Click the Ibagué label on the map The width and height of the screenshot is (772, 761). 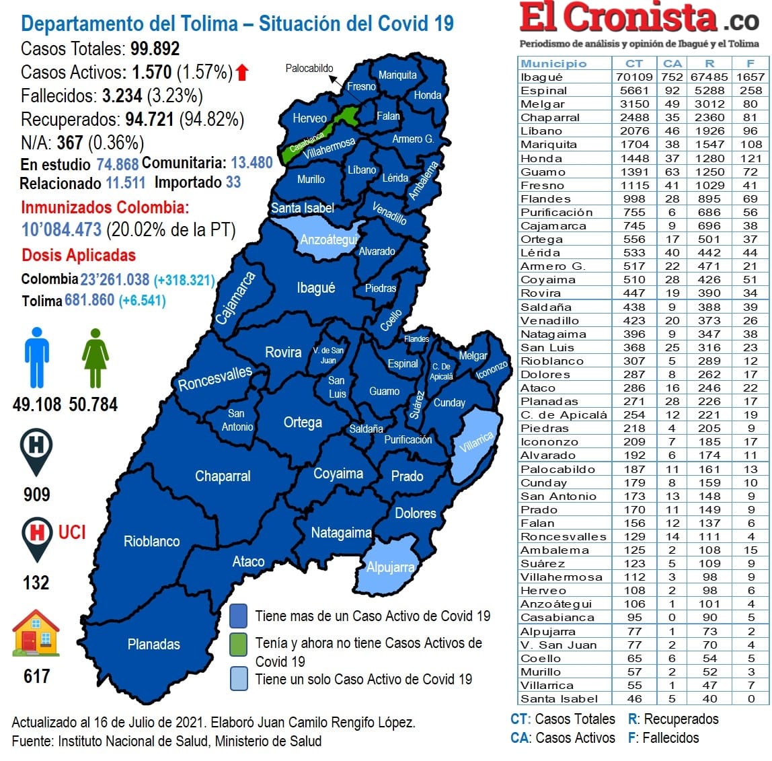(315, 288)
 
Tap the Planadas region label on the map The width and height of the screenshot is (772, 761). (153, 644)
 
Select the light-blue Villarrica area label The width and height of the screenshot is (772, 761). (477, 442)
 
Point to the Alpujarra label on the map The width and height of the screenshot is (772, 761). (390, 567)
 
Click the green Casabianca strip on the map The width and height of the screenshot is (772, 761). (306, 142)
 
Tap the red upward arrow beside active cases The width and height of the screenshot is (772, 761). (242, 72)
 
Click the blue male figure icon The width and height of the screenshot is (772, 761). (37, 357)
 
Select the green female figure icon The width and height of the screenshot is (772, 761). (95, 357)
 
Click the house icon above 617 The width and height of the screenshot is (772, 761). (36, 633)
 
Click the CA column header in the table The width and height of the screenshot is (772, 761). (672, 63)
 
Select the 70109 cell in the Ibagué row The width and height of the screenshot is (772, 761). (633, 77)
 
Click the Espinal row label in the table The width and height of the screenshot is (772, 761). (543, 91)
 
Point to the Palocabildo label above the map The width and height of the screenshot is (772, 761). (309, 68)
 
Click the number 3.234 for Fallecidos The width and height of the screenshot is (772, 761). (122, 96)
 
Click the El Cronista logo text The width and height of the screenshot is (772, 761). (618, 18)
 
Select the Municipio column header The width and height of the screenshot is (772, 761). (553, 63)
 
